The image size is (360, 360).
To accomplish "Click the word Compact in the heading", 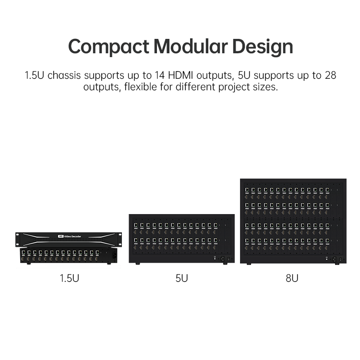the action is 109,47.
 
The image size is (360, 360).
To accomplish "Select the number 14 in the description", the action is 160,75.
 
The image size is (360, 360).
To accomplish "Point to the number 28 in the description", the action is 331,75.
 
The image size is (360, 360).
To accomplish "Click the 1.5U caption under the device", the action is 69,278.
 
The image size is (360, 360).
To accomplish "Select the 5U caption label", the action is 181,278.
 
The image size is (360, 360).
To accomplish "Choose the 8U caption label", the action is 292,278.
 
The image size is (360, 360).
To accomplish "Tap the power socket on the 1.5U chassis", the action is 114,256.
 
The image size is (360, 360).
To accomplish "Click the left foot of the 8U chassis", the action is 249,264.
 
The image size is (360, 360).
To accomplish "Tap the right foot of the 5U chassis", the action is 225,263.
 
